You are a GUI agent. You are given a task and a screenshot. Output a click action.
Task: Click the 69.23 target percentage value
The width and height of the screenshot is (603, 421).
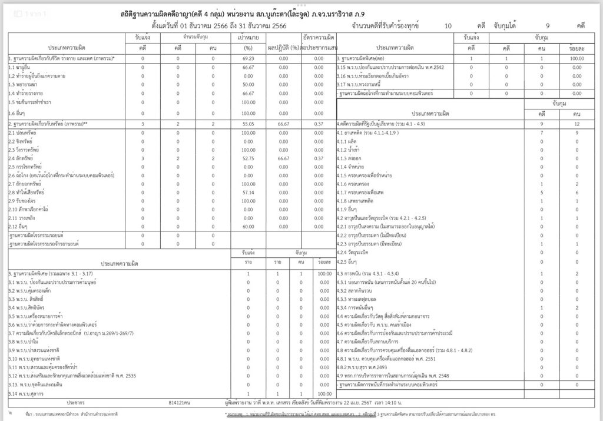point(248,59)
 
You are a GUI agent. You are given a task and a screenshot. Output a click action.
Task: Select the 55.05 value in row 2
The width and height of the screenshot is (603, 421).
point(248,124)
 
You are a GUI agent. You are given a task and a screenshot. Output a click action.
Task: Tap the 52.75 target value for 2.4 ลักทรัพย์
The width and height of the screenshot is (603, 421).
point(248,158)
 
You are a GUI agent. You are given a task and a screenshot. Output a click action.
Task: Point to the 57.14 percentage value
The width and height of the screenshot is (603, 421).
point(248,192)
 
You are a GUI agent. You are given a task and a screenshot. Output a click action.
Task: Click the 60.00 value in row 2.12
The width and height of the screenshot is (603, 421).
point(248,226)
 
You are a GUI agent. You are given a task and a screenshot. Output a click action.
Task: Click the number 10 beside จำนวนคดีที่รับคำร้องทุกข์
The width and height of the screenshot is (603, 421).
point(449,26)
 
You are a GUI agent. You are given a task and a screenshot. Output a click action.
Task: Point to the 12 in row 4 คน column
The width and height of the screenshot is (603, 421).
point(577,124)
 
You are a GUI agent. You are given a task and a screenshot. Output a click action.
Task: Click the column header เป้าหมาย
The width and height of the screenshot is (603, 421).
point(248,37)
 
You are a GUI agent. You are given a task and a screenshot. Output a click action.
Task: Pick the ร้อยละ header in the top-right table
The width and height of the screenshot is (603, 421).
point(577,48)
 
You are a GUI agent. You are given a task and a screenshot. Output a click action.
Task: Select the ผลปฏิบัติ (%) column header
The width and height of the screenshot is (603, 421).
point(283,48)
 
